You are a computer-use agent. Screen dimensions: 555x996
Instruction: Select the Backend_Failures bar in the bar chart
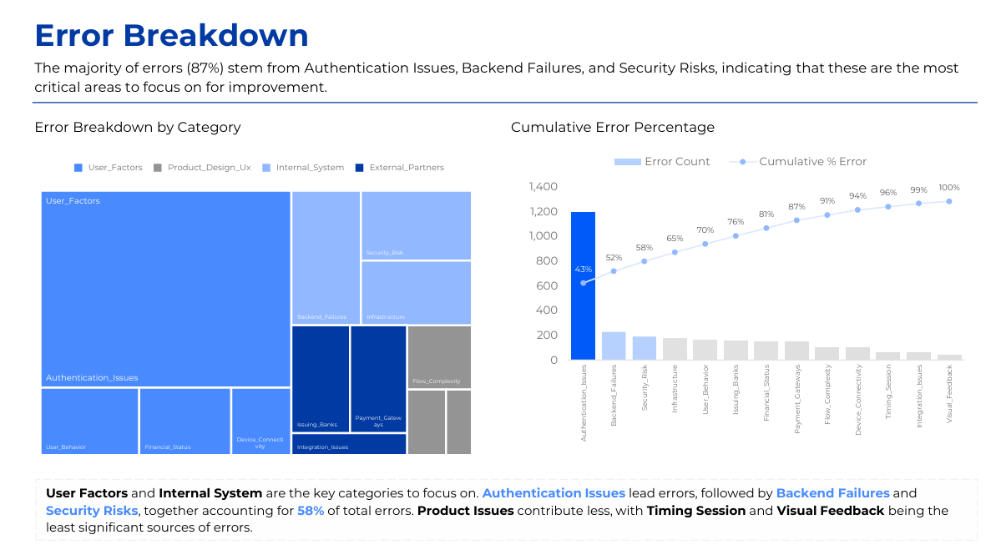click(614, 346)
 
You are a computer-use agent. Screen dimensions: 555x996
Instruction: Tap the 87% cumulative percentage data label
click(796, 207)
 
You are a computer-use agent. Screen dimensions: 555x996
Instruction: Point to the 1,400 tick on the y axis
click(543, 187)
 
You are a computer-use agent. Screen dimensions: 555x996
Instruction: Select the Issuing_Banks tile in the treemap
click(321, 379)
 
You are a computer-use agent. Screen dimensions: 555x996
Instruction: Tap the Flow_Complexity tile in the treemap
click(439, 356)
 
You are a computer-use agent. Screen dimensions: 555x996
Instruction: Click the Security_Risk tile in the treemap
click(416, 225)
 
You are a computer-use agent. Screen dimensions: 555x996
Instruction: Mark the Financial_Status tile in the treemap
click(185, 421)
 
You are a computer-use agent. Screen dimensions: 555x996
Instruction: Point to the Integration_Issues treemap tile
click(349, 444)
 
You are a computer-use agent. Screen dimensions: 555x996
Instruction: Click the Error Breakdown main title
click(171, 36)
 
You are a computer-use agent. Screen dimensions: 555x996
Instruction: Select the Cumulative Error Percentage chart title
click(613, 128)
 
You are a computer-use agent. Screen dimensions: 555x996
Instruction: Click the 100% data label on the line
click(949, 188)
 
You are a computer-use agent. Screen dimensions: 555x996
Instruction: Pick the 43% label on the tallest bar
click(583, 270)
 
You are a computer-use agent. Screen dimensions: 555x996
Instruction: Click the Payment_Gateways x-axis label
click(797, 400)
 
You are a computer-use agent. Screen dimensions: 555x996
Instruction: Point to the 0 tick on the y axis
click(554, 360)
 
